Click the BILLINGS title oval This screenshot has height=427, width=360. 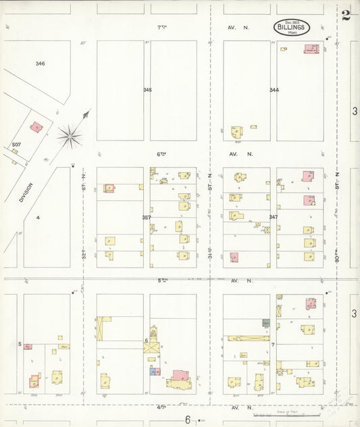click(292, 28)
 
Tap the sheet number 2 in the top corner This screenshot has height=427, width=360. click(346, 16)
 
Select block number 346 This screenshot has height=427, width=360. click(41, 64)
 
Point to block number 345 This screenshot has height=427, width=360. click(147, 89)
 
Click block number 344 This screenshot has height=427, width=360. click(274, 90)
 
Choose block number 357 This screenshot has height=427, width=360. click(147, 217)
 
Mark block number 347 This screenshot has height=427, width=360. click(273, 217)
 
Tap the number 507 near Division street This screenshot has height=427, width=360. click(16, 145)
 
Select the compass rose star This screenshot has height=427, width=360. click(70, 136)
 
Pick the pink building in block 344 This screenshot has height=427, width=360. click(311, 49)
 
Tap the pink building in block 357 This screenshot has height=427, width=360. click(109, 188)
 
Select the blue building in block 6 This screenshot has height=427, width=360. click(153, 371)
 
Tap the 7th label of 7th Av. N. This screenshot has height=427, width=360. click(161, 28)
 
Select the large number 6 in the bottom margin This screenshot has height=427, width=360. click(188, 420)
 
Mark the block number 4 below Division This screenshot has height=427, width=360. click(38, 217)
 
